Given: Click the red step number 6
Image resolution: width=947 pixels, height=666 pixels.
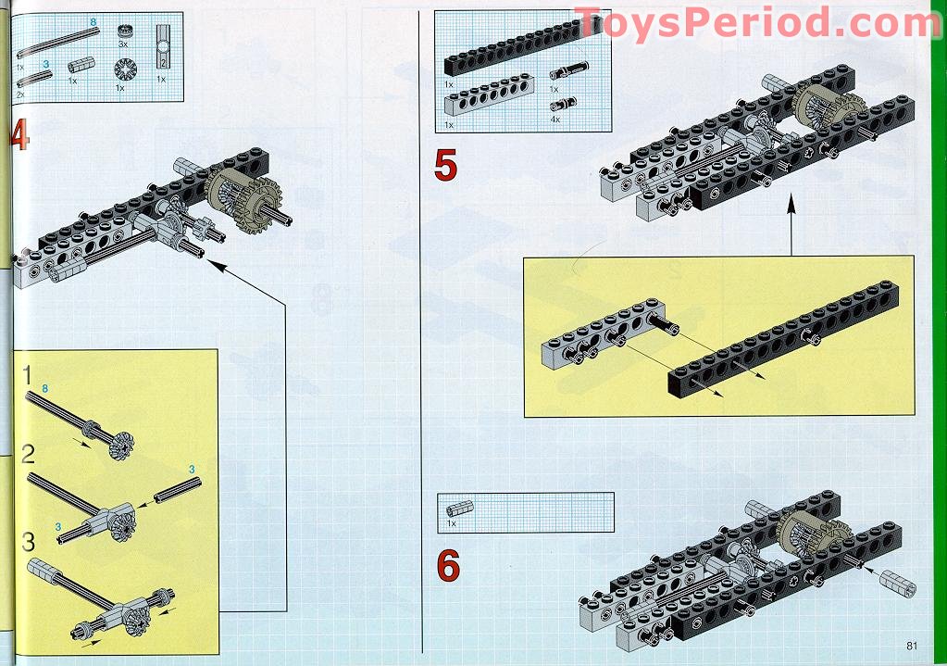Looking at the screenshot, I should pos(448,565).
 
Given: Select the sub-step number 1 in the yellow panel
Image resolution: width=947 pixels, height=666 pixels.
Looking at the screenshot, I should pos(28,376).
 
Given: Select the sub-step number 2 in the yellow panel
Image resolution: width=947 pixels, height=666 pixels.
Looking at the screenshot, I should pos(29,454).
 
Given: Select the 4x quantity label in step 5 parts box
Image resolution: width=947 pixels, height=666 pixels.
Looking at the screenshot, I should pos(556,119).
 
